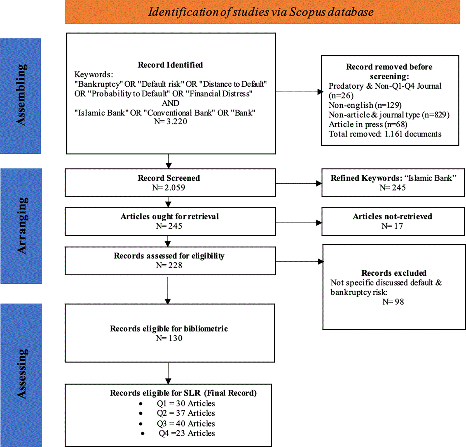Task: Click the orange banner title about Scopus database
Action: [x=261, y=12]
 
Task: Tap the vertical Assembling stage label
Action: [x=21, y=95]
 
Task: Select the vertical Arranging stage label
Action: [x=22, y=226]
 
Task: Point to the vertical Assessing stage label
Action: [x=22, y=374]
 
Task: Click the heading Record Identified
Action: [x=170, y=65]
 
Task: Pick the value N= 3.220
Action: [x=170, y=122]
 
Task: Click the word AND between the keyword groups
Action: [x=170, y=103]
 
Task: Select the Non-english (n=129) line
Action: [x=365, y=105]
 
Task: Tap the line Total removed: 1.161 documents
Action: [x=385, y=134]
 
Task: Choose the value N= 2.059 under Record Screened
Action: [x=168, y=188]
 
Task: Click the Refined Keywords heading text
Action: [x=394, y=178]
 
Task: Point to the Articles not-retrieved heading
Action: [x=392, y=216]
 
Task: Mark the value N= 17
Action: [x=392, y=226]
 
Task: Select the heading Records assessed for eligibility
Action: [x=169, y=256]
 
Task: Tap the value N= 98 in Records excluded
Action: [x=393, y=302]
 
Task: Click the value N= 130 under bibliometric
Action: [x=169, y=338]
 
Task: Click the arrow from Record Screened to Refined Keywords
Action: [x=299, y=183]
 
